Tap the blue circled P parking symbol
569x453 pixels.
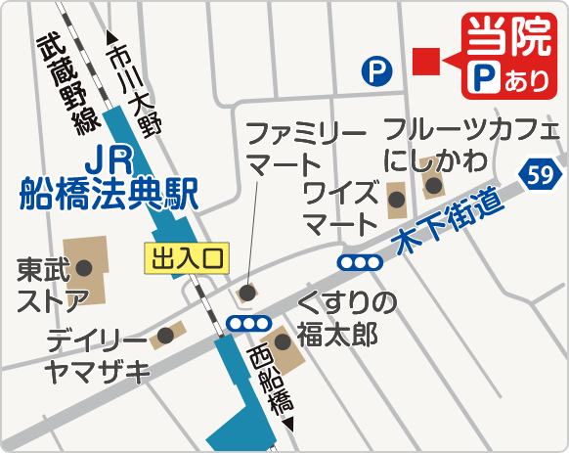(x=374, y=70)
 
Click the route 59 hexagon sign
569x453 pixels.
(x=538, y=175)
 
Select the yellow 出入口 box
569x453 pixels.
(x=186, y=258)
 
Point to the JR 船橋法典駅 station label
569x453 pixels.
(x=108, y=178)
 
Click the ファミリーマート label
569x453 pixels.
(x=292, y=147)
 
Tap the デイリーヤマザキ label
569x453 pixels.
(x=97, y=355)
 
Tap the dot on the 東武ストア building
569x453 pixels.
(x=85, y=266)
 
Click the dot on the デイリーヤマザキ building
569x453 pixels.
(x=166, y=335)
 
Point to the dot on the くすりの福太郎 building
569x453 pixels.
(x=283, y=341)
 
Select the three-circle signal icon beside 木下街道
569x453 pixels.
(x=360, y=262)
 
